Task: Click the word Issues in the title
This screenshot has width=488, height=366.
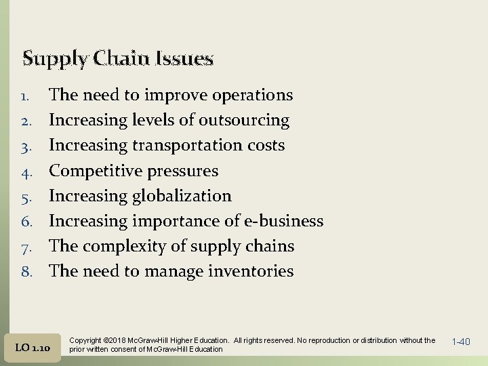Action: point(182,58)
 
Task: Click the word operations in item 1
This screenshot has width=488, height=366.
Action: point(252,96)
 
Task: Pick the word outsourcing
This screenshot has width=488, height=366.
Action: point(244,121)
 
